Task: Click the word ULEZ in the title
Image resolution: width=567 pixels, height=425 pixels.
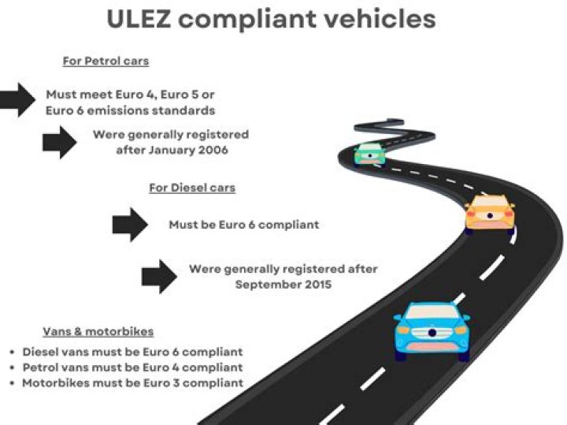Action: pyautogui.click(x=139, y=19)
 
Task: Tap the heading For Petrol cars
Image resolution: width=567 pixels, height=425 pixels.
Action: pyautogui.click(x=106, y=61)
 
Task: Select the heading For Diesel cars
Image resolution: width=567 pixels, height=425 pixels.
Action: pyautogui.click(x=192, y=188)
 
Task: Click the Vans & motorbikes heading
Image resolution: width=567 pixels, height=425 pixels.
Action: pyautogui.click(x=98, y=332)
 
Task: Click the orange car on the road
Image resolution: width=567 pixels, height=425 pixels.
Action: pyautogui.click(x=490, y=214)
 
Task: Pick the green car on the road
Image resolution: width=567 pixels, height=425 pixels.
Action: pyautogui.click(x=369, y=154)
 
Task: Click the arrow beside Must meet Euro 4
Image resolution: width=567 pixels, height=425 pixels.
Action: pyautogui.click(x=17, y=100)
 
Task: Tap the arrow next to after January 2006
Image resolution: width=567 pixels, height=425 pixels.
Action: pyautogui.click(x=59, y=142)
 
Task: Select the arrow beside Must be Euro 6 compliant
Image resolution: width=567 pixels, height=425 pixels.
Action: pyautogui.click(x=130, y=225)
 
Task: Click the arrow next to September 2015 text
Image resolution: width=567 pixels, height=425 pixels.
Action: pyautogui.click(x=159, y=277)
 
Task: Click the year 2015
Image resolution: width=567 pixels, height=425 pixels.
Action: pyautogui.click(x=318, y=284)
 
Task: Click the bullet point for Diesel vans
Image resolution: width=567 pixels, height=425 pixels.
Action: pyautogui.click(x=13, y=352)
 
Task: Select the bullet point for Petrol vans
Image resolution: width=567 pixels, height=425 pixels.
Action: pyautogui.click(x=13, y=367)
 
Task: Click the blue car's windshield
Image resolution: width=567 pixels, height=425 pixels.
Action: pyautogui.click(x=432, y=312)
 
